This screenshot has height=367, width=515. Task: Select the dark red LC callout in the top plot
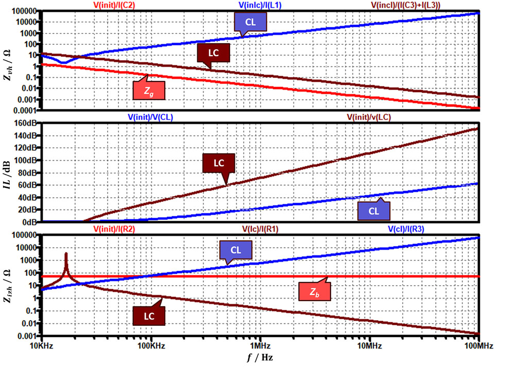[x=212, y=53]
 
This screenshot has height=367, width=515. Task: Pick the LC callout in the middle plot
[x=219, y=163]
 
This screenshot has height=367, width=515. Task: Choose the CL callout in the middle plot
[x=374, y=211]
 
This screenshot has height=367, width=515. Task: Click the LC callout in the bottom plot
[x=149, y=316]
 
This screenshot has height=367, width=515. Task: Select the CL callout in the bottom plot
[x=236, y=250]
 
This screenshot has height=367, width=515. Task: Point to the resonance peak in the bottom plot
[x=66, y=254]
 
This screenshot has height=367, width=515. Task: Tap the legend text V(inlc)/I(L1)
[x=262, y=5]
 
